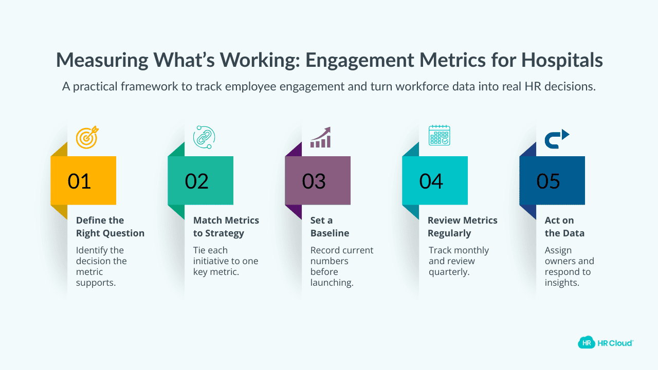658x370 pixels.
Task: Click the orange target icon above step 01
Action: click(87, 138)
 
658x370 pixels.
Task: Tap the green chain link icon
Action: click(204, 137)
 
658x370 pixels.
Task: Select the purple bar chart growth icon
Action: click(320, 138)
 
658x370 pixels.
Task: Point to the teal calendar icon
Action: click(439, 135)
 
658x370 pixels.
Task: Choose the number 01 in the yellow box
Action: click(79, 181)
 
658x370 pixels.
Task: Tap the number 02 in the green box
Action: click(196, 181)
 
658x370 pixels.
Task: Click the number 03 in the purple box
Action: click(314, 181)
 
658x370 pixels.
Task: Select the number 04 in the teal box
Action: click(431, 181)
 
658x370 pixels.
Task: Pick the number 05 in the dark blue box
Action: click(548, 181)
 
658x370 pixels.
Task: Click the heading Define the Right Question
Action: click(110, 227)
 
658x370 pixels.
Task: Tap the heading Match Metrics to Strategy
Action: click(226, 227)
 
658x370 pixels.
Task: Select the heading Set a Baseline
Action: click(330, 227)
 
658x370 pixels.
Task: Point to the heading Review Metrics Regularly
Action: click(463, 227)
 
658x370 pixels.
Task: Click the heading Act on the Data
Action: click(564, 227)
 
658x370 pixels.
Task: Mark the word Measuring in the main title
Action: click(103, 61)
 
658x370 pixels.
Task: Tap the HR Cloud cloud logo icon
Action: click(586, 342)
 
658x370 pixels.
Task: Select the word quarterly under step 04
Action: click(449, 272)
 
